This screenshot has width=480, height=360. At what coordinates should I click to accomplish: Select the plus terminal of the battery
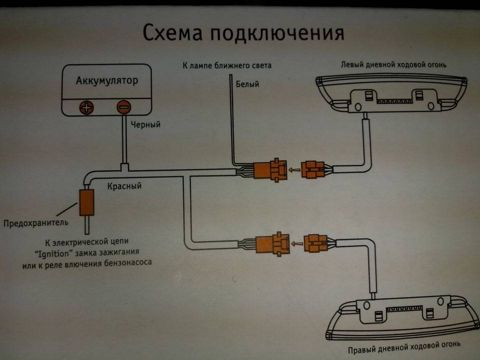[87, 107]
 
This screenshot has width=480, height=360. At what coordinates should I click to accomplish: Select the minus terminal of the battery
[123, 107]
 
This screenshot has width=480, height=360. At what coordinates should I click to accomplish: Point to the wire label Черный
[145, 124]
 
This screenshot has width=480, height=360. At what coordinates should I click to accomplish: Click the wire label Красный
[124, 186]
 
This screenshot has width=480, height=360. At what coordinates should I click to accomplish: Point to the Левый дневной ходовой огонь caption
[390, 65]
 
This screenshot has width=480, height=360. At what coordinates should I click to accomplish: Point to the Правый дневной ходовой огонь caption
[403, 344]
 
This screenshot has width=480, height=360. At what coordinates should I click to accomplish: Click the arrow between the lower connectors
[297, 244]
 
